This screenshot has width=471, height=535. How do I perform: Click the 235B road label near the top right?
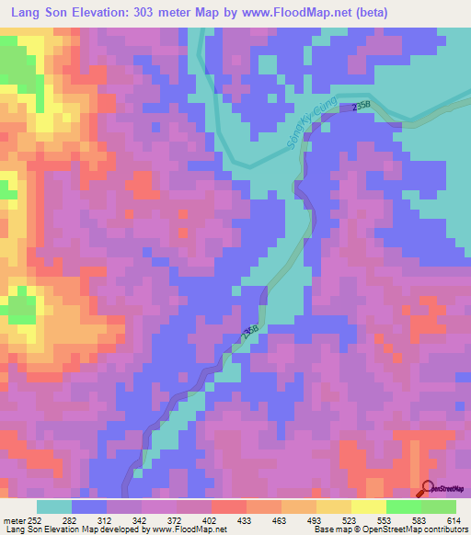tap(361, 108)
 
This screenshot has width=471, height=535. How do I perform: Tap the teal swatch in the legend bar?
tap(54, 507)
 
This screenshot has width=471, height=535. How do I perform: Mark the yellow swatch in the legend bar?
tap(368, 507)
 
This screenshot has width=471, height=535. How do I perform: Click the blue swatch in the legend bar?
tap(89, 507)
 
